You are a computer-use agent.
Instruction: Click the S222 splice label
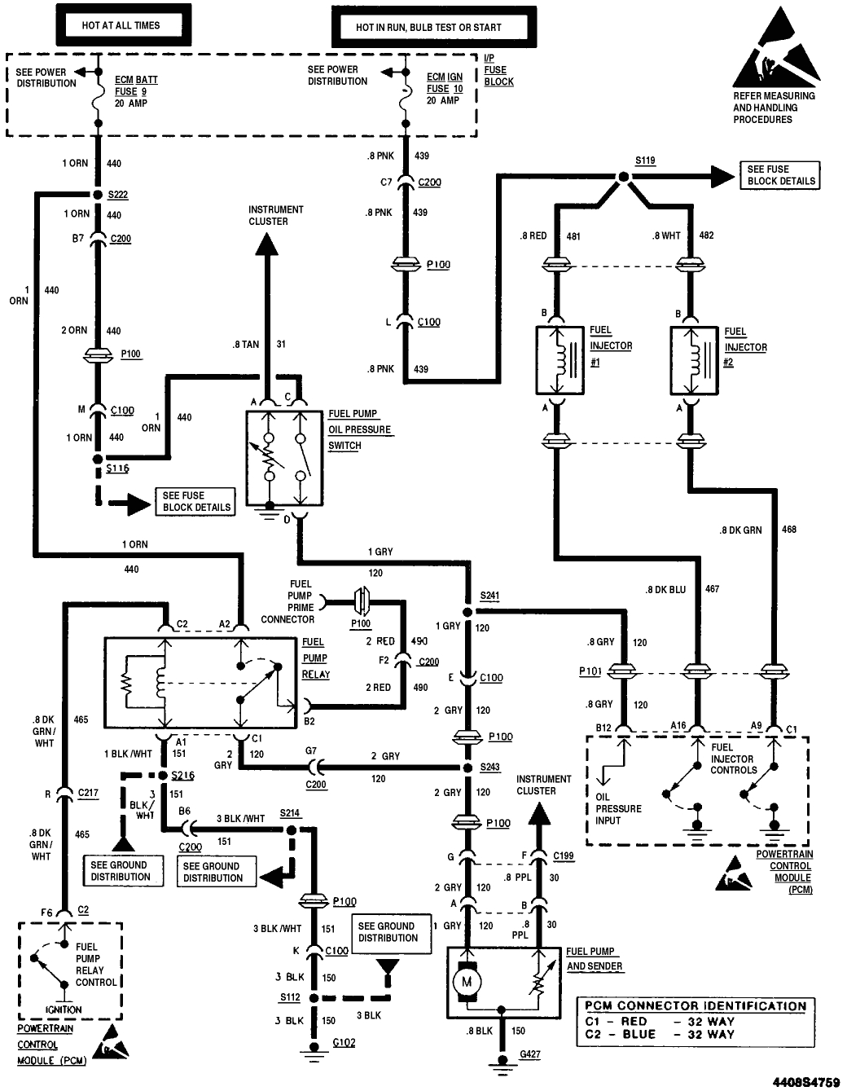[x=117, y=196]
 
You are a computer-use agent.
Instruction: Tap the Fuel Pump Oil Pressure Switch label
[x=359, y=429]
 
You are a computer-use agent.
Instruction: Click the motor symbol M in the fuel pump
[x=467, y=982]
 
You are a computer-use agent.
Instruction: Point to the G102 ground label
[x=345, y=1042]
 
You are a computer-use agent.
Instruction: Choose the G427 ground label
[x=529, y=1054]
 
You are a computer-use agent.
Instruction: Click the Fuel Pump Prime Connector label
[x=289, y=601]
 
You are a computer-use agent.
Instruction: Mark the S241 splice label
[x=489, y=596]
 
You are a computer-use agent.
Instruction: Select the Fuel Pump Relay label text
[x=315, y=658]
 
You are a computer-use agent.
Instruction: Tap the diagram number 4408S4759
[x=805, y=1081]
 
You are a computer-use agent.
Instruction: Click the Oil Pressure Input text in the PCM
[x=618, y=808]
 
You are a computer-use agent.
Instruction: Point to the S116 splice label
[x=117, y=469]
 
